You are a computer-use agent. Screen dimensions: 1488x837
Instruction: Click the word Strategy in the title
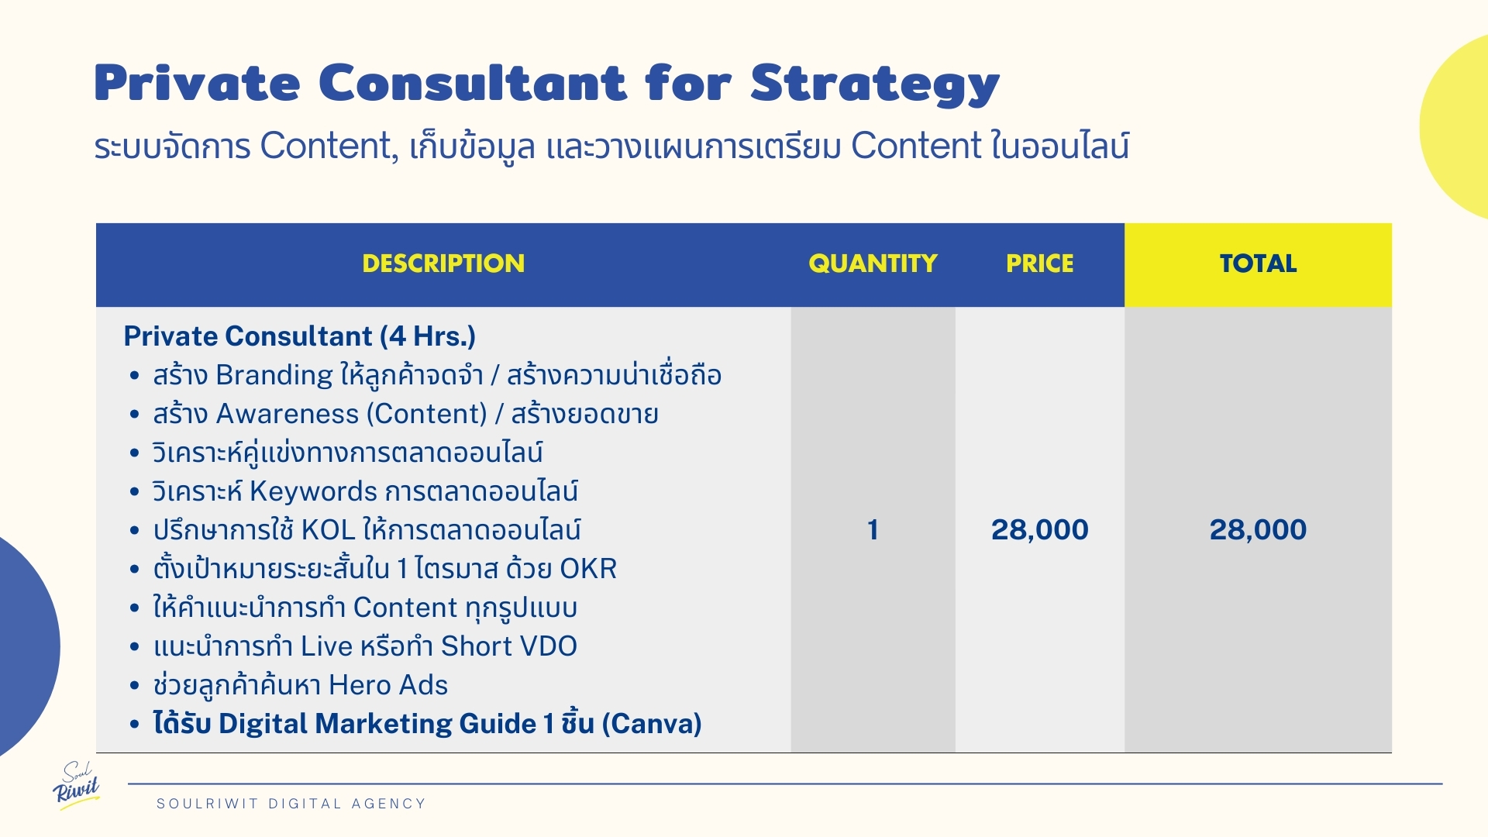click(x=875, y=84)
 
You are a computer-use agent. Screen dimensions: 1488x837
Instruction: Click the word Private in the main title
click(x=197, y=82)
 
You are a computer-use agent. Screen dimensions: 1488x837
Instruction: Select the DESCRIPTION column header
click(x=443, y=263)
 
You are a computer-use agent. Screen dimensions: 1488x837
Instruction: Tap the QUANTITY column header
click(x=873, y=263)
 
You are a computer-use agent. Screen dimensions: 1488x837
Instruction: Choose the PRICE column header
click(x=1040, y=263)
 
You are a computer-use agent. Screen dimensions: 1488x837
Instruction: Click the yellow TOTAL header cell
click(x=1258, y=265)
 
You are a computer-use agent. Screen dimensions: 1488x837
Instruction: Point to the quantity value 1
click(x=873, y=530)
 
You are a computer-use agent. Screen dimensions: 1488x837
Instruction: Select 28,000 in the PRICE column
click(x=1040, y=530)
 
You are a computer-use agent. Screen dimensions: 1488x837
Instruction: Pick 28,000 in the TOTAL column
click(x=1258, y=530)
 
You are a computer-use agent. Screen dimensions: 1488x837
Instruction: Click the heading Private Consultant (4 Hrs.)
click(x=300, y=336)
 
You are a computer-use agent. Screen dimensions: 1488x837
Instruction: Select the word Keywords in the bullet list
click(x=313, y=492)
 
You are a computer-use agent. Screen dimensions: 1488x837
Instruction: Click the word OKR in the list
click(x=588, y=569)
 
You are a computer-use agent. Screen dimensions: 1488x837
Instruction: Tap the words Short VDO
click(x=509, y=646)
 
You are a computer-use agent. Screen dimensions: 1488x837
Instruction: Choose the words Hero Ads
click(x=388, y=685)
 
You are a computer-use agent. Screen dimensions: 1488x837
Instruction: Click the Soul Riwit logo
click(x=77, y=785)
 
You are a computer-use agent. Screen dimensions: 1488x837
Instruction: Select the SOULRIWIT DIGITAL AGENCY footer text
click(x=291, y=804)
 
